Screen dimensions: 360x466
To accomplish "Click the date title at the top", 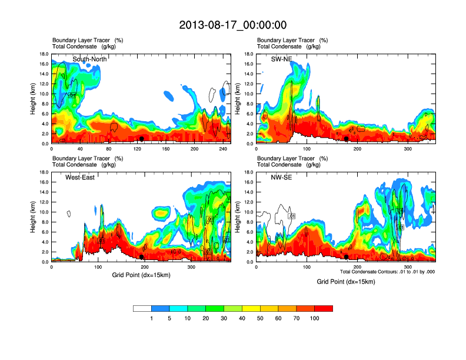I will click(232, 25).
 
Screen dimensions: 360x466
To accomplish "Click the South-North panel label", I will click(88, 59).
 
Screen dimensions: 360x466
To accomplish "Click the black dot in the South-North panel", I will click(141, 139).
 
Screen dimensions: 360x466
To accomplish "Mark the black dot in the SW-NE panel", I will click(347, 139).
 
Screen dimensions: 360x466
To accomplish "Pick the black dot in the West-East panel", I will click(141, 257).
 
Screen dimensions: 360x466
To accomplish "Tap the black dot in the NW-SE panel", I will click(347, 257).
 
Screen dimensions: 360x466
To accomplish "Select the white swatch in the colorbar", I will click(142, 308).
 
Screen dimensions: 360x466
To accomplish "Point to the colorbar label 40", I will click(242, 318).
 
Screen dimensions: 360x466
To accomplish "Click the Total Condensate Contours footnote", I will click(387, 272).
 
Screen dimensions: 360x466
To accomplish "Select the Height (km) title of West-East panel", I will click(34, 217).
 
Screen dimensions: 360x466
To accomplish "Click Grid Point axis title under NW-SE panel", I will click(346, 282).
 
